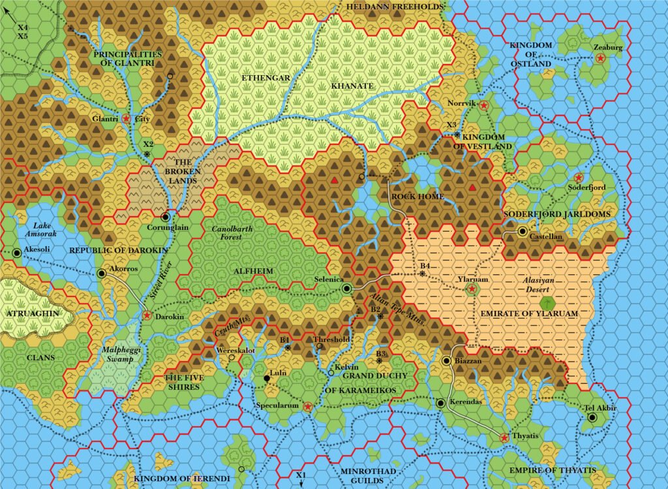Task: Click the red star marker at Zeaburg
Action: pyautogui.click(x=600, y=58)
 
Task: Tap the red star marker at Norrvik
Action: pyautogui.click(x=483, y=104)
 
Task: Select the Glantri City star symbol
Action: pyautogui.click(x=125, y=119)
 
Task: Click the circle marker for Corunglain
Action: pyautogui.click(x=166, y=216)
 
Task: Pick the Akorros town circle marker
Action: pyautogui.click(x=101, y=274)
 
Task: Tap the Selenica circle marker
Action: pyautogui.click(x=347, y=288)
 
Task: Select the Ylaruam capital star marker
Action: pyautogui.click(x=472, y=288)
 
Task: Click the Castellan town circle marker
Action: pyautogui.click(x=523, y=231)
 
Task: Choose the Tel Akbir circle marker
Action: pyautogui.click(x=592, y=417)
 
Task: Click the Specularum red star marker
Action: pyautogui.click(x=308, y=406)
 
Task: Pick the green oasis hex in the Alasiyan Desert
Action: pyautogui.click(x=549, y=302)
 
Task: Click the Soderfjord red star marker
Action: pyautogui.click(x=578, y=178)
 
